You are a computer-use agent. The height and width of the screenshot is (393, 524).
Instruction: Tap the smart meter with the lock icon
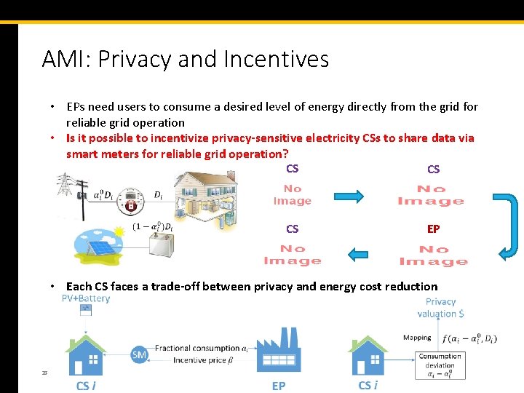[x=131, y=201]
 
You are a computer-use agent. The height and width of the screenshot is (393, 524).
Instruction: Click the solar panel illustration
[x=103, y=240]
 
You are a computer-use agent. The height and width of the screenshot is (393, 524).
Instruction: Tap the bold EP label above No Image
[x=433, y=229]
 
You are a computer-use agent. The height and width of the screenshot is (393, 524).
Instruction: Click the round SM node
[x=139, y=354]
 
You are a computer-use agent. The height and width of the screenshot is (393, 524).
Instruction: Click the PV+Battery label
[x=86, y=298]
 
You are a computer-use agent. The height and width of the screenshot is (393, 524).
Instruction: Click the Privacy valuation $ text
[x=440, y=307]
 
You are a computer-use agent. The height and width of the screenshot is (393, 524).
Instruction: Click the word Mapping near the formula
[x=417, y=337]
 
